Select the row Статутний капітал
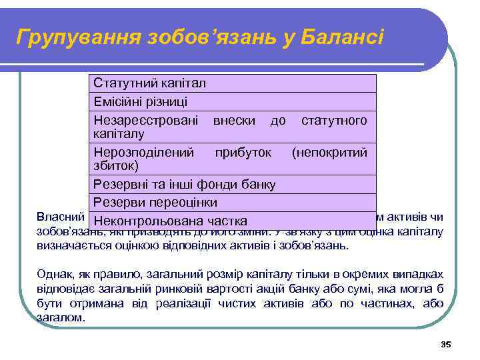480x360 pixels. click(x=150, y=83)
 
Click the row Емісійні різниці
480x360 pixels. click(x=141, y=102)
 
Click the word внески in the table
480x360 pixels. click(x=233, y=121)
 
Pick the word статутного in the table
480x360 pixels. click(x=334, y=121)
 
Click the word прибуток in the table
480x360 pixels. click(x=243, y=153)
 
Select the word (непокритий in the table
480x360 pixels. click(x=330, y=153)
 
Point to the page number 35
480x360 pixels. click(x=446, y=345)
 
